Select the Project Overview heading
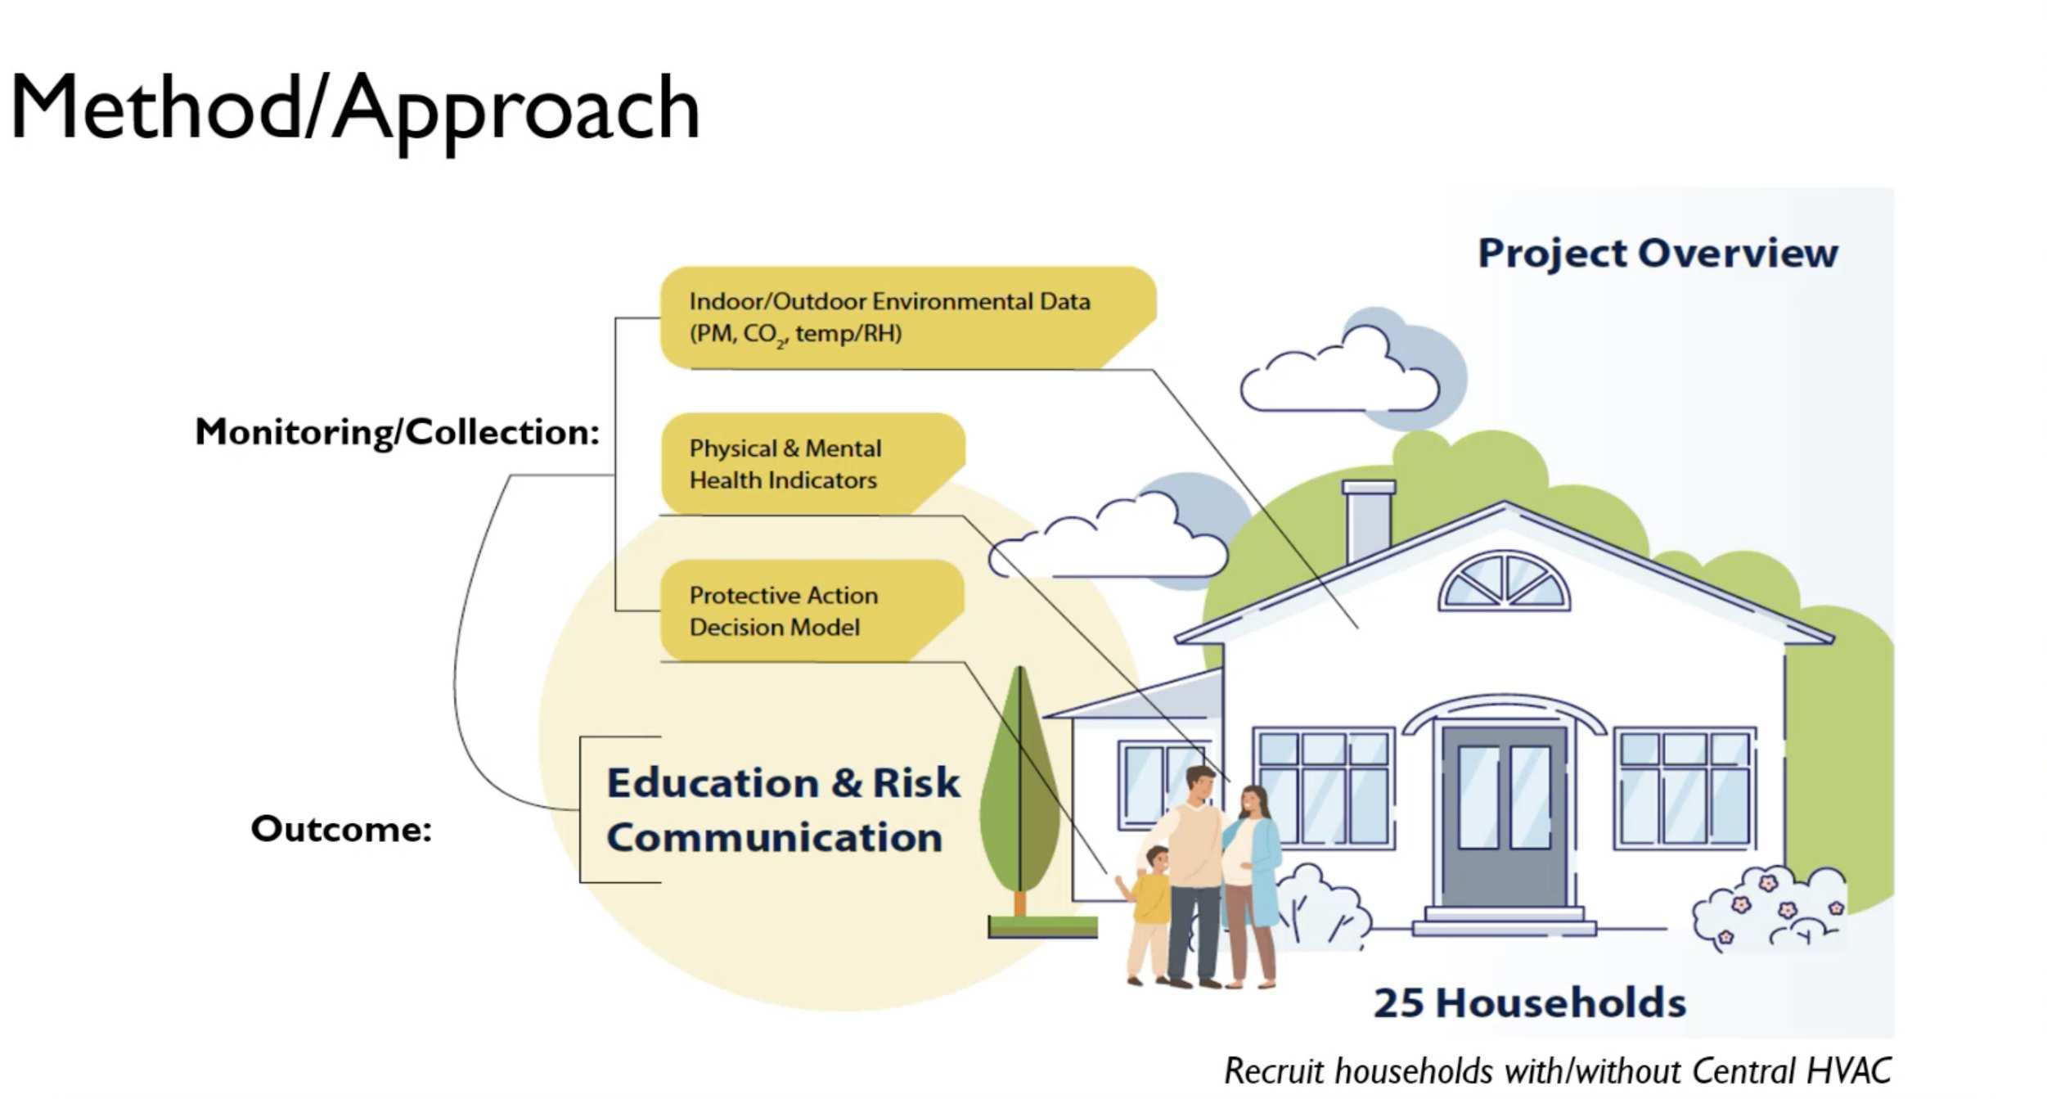tap(1658, 253)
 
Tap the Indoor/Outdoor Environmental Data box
tap(908, 318)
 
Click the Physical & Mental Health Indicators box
tap(812, 464)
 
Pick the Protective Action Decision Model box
tap(812, 610)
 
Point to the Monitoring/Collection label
tap(398, 432)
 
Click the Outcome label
tap(341, 829)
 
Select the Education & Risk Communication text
tap(783, 810)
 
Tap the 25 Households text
tap(1529, 1002)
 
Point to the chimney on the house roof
tap(1368, 520)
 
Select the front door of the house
tap(1504, 816)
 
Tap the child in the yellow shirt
tap(1149, 915)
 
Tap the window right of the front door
tap(1684, 788)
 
